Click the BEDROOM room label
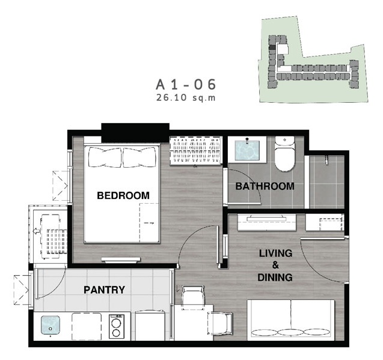[123, 195]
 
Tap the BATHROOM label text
[265, 186]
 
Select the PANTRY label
[104, 290]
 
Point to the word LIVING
[275, 253]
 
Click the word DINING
[275, 278]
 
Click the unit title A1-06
[186, 85]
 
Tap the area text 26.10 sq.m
[186, 98]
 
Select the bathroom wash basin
[247, 150]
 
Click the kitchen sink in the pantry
[51, 325]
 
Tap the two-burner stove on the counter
[117, 326]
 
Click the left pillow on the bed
[105, 157]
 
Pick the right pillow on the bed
[139, 157]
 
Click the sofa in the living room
[290, 320]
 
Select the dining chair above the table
[193, 295]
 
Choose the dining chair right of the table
[220, 323]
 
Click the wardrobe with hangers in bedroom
[196, 150]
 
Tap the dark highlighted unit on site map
[272, 47]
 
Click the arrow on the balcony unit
[37, 231]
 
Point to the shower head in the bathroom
[326, 160]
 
